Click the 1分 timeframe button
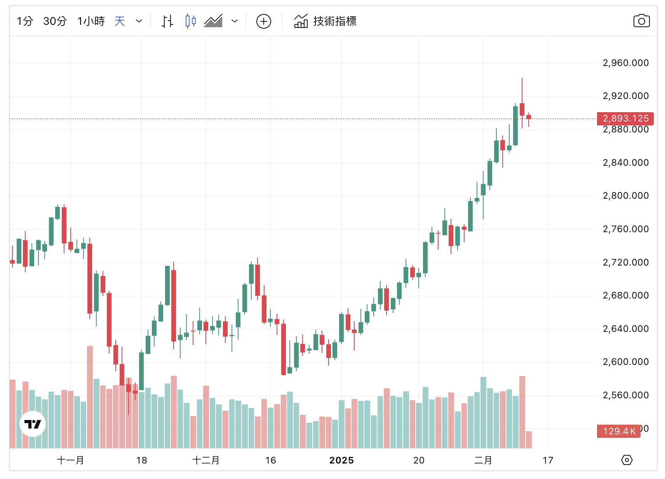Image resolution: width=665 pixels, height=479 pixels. click(24, 21)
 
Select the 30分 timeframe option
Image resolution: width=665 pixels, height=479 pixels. click(55, 21)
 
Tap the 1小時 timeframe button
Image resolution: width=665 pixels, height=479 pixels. click(91, 21)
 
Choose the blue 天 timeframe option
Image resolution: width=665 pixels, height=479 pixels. click(120, 21)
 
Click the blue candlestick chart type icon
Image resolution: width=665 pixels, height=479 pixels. click(190, 21)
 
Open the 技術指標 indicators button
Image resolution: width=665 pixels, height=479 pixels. click(325, 21)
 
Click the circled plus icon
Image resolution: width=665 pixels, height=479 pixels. click(264, 21)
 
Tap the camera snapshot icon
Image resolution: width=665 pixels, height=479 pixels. click(641, 21)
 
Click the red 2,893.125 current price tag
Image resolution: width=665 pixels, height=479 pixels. click(625, 118)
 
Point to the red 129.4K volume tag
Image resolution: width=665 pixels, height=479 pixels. click(619, 431)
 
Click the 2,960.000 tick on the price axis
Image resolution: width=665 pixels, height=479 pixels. click(625, 63)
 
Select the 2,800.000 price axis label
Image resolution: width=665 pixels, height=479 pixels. click(625, 196)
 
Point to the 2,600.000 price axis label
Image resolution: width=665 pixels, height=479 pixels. click(625, 362)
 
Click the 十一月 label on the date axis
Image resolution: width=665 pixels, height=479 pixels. click(70, 460)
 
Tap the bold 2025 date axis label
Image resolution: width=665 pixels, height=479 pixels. click(341, 460)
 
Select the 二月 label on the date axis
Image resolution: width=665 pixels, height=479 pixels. click(483, 460)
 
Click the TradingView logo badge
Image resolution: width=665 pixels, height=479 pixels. click(33, 424)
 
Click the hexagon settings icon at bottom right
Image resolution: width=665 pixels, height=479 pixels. click(627, 460)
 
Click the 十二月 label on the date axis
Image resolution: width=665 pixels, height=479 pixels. click(206, 460)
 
